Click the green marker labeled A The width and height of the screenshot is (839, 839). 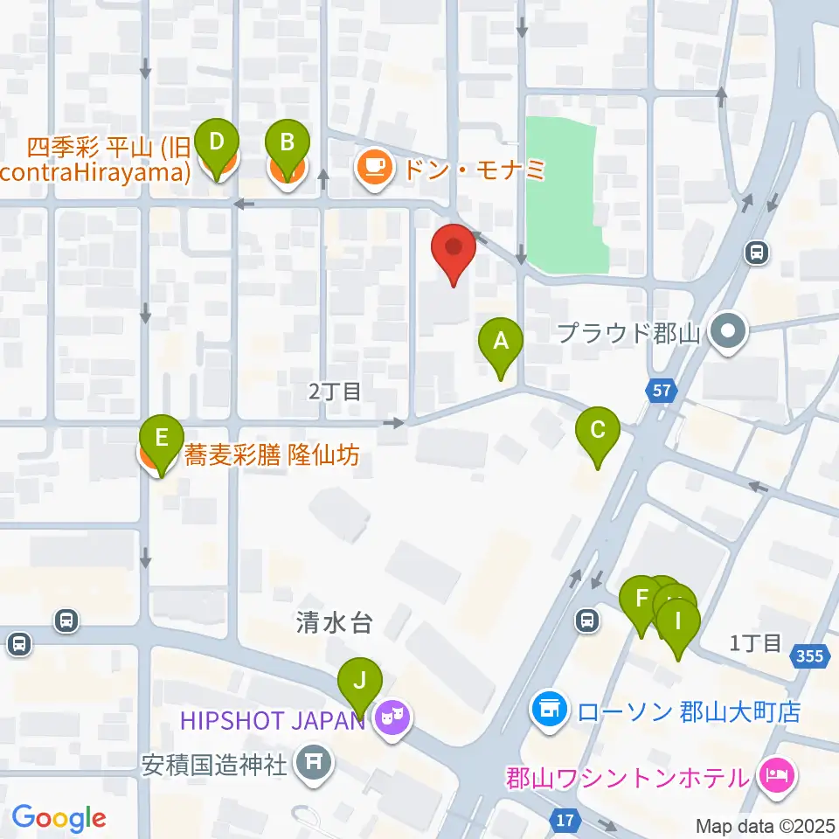coord(501,343)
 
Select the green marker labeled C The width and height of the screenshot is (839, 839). coord(598,432)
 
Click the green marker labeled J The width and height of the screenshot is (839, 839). coord(361,681)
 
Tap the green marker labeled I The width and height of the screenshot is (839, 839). coord(678,626)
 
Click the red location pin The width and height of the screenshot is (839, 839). coord(454,249)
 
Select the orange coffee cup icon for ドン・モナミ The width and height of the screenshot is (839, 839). coord(374,166)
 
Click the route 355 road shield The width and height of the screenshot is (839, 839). coord(809,655)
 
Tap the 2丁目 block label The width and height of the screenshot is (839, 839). coord(335,391)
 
